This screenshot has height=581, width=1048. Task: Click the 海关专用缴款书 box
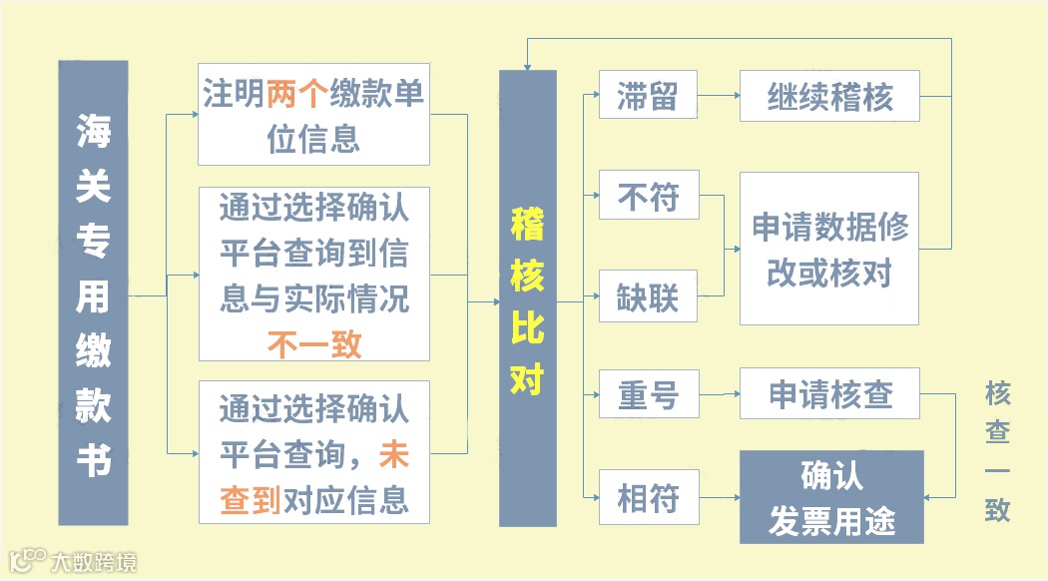coord(93,292)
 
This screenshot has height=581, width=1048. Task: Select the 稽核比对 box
coord(527,298)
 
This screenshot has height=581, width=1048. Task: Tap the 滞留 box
coord(647,96)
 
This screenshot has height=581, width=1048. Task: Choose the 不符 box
coord(647,196)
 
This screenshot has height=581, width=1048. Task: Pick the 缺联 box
coord(647,296)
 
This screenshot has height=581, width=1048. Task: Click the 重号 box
coord(647,394)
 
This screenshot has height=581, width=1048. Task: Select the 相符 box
coord(647,496)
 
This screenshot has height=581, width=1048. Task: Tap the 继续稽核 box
coord(828,97)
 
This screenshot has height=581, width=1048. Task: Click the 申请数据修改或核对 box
coord(828,248)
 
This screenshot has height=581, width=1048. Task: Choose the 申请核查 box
coord(828,393)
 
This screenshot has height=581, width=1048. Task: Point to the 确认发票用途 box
coord(830,497)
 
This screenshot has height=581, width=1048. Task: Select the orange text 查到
coord(250,497)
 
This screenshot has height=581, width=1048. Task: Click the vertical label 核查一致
coord(997,450)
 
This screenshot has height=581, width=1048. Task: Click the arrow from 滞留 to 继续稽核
coord(718,97)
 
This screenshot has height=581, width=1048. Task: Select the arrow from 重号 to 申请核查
coord(718,394)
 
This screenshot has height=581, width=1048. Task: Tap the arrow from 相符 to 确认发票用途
coord(718,497)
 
